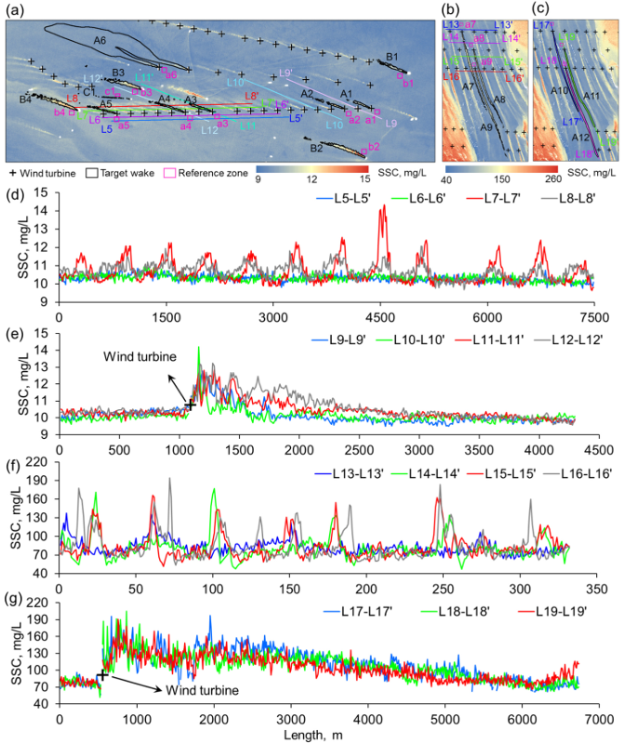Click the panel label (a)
coord(16,10)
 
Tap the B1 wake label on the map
coord(392,58)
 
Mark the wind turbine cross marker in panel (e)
coord(190,405)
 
